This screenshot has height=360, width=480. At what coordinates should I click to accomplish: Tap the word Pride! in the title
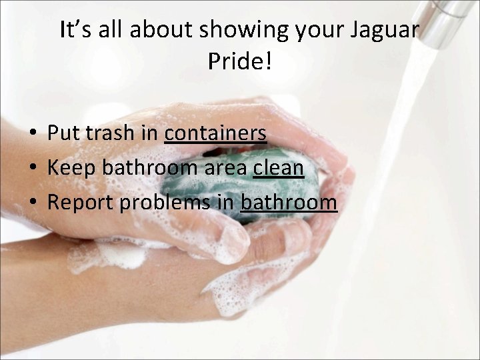[x=240, y=62]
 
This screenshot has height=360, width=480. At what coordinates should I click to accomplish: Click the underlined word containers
[x=215, y=133]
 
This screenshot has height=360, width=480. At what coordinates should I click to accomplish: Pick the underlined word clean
[x=279, y=168]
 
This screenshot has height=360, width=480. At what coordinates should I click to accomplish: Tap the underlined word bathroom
[x=289, y=202]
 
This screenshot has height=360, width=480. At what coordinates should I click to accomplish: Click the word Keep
[x=72, y=168]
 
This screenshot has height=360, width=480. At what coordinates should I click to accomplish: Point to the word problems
[x=165, y=203]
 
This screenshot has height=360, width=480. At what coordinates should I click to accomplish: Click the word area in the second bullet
[x=225, y=168]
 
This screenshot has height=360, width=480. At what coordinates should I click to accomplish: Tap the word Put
[x=62, y=133]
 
